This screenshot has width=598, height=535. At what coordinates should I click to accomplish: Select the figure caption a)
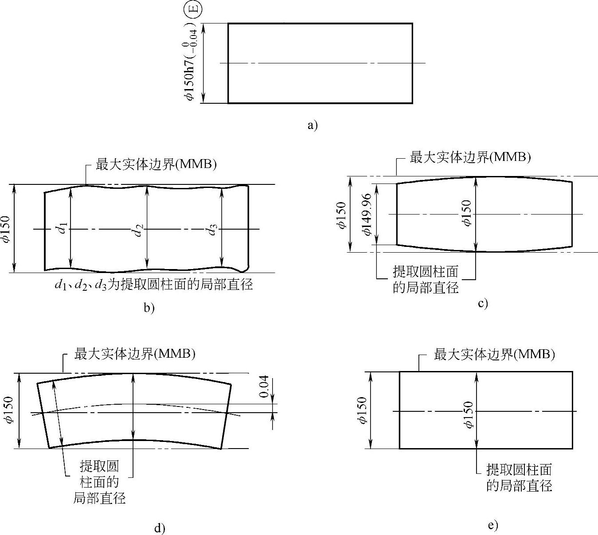pyautogui.click(x=313, y=125)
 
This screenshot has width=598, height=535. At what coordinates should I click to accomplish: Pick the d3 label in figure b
pyautogui.click(x=212, y=229)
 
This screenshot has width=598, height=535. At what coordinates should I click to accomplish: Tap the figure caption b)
pyautogui.click(x=149, y=307)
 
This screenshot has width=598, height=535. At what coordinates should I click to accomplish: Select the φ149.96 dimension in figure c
pyautogui.click(x=367, y=214)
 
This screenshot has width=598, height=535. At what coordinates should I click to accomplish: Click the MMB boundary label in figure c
pyautogui.click(x=470, y=157)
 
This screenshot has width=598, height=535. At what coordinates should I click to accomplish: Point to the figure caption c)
pyautogui.click(x=483, y=303)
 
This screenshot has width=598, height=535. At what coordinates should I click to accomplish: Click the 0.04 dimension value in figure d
pyautogui.click(x=264, y=387)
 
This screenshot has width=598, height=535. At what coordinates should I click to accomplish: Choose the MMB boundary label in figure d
pyautogui.click(x=135, y=354)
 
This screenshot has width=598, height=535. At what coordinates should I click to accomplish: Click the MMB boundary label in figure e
pyautogui.click(x=494, y=354)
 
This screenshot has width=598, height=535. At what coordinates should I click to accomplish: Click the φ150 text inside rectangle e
pyautogui.click(x=468, y=415)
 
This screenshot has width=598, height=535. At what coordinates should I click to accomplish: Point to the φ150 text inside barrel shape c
pyautogui.click(x=466, y=213)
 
